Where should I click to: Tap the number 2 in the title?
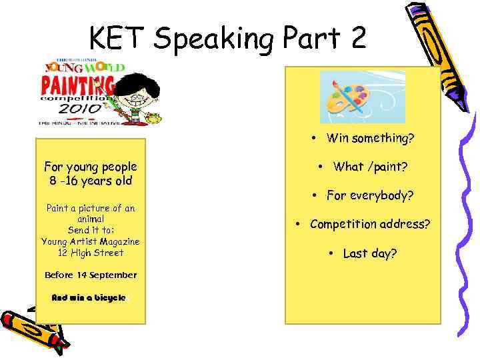point(355,39)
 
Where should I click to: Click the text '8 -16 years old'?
point(91,181)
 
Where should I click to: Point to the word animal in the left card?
point(91,219)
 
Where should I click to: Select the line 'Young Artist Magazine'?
point(91,241)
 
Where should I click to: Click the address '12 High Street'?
point(91,253)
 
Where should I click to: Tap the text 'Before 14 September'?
point(91,275)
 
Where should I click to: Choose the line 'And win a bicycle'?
point(89,297)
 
